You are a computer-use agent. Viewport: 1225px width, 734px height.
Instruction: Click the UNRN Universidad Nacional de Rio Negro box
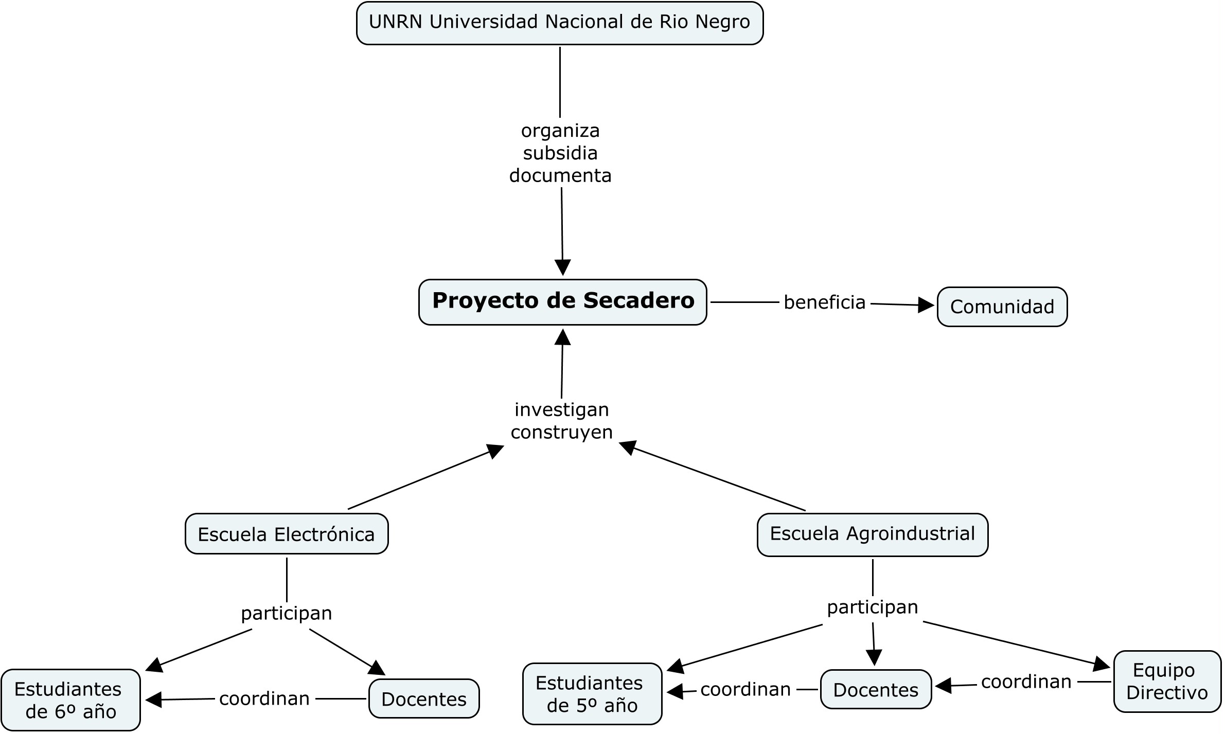tap(560, 23)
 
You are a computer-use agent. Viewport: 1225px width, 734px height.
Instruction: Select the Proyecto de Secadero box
tap(562, 302)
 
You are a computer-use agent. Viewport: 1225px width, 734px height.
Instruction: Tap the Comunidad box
tap(1002, 307)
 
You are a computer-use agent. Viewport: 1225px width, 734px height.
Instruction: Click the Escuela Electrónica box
tap(287, 534)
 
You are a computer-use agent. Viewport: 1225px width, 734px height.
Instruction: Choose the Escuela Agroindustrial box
tap(872, 534)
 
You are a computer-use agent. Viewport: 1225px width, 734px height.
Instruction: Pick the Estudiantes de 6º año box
tap(70, 700)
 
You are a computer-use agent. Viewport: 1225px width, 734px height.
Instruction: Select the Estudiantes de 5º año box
tap(592, 694)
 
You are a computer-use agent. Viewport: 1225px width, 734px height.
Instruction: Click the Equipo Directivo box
tap(1167, 682)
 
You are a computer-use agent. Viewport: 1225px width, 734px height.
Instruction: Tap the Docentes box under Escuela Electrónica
tap(424, 699)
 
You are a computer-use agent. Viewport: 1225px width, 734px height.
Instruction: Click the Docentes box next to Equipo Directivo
tap(876, 690)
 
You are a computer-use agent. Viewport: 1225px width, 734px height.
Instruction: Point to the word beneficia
tap(824, 302)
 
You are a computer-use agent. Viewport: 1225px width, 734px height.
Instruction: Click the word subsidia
tap(560, 153)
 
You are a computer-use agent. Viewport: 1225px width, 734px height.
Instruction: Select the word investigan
tap(562, 410)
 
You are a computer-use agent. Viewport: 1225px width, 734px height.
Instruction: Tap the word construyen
tap(562, 433)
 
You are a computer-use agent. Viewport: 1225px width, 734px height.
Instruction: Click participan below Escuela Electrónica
tap(287, 613)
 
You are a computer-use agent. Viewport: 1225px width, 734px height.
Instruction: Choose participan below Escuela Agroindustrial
tap(873, 607)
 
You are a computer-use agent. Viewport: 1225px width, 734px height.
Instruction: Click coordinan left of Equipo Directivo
tap(1026, 682)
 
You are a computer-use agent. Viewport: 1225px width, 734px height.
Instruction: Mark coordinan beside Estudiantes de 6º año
tap(264, 699)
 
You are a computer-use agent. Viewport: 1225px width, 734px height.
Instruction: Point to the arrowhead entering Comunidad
tap(926, 306)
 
